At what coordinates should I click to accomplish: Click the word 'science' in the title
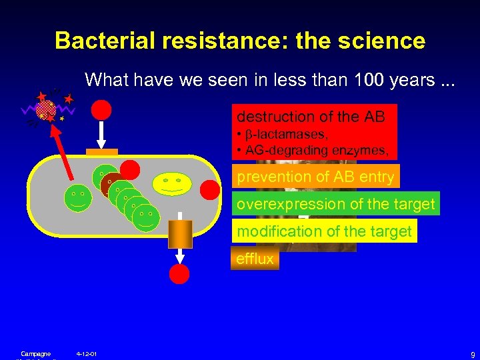(x=383, y=41)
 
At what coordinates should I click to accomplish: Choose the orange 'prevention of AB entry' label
(x=315, y=177)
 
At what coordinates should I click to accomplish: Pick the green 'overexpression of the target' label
(x=335, y=204)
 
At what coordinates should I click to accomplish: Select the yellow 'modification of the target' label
(x=324, y=231)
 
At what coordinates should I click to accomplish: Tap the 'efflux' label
(x=255, y=259)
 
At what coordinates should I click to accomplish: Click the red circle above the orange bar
(x=101, y=110)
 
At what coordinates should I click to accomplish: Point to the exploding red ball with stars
(x=46, y=109)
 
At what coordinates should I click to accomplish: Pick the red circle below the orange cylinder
(x=179, y=274)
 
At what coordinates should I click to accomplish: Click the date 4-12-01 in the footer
(x=87, y=353)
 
